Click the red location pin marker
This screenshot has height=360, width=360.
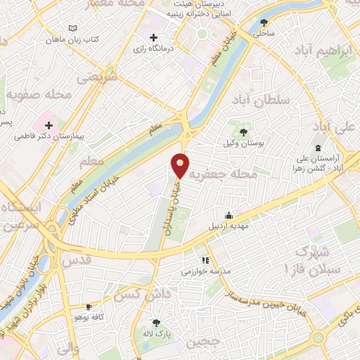click(x=181, y=165)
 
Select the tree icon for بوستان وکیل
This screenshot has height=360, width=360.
click(x=243, y=131)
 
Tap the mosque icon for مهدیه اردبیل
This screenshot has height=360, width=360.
click(x=229, y=216)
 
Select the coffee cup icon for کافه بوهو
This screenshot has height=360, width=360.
click(x=89, y=307)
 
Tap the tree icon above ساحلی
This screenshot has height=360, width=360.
click(x=264, y=22)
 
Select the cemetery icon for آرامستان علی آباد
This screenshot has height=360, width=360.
click(x=318, y=148)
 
